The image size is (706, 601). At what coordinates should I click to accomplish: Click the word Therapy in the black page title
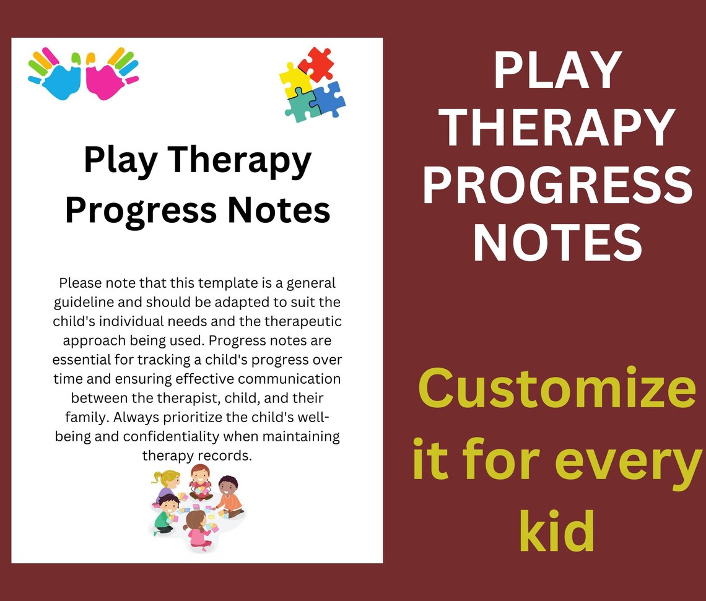click(240, 160)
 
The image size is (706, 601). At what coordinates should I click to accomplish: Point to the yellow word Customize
click(557, 388)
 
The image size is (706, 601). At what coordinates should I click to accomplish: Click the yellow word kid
click(557, 531)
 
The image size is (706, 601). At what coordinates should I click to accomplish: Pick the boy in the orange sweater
click(230, 496)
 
